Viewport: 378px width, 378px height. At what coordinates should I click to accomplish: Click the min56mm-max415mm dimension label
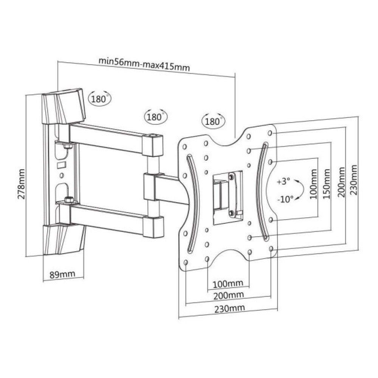click(144, 64)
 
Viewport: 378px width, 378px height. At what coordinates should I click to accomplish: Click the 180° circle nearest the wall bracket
click(100, 99)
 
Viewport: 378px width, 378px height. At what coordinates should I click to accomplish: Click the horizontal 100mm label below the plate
click(228, 283)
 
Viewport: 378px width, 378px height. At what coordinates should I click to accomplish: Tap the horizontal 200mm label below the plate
click(228, 295)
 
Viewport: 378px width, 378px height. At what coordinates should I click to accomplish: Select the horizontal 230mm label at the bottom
click(228, 307)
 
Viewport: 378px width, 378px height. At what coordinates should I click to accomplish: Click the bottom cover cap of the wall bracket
click(63, 240)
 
